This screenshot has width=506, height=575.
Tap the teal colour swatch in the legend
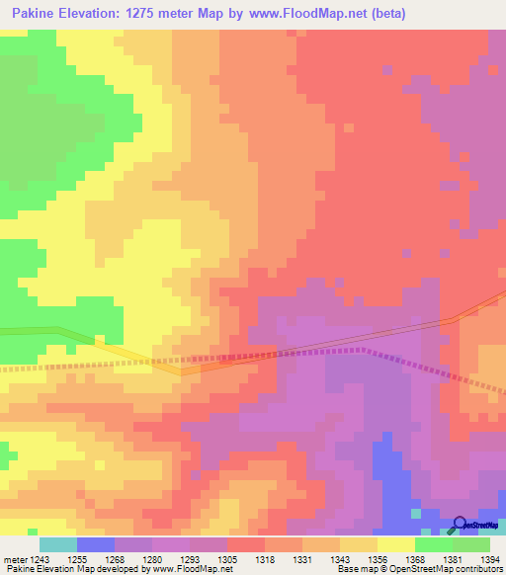tap(57, 544)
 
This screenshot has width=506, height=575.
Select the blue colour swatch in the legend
tap(95, 544)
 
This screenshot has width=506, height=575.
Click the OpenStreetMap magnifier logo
tap(461, 525)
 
